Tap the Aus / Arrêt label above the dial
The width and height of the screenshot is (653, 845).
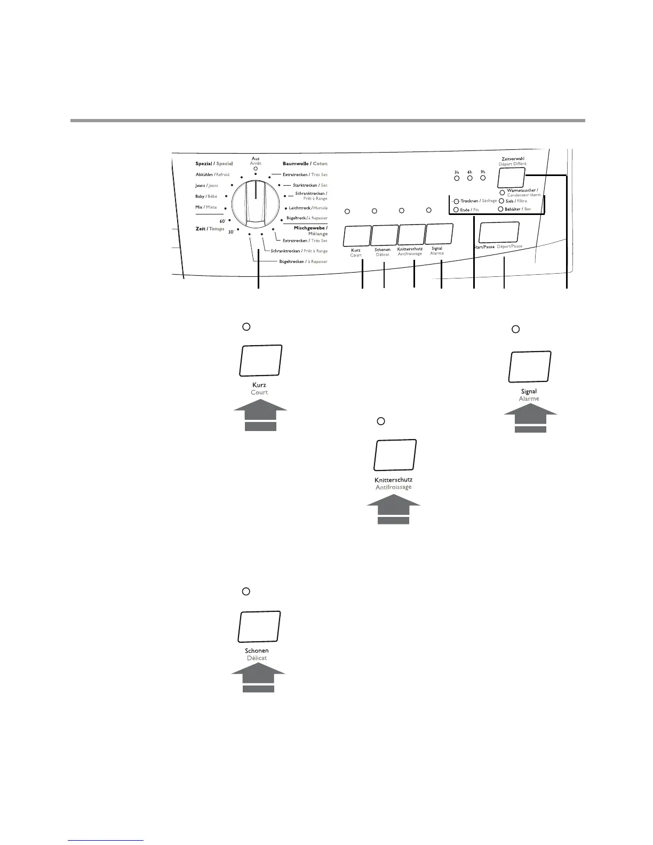click(256, 161)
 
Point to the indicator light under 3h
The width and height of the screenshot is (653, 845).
click(457, 178)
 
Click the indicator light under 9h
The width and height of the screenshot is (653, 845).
click(483, 178)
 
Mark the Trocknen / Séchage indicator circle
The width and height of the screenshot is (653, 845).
click(456, 202)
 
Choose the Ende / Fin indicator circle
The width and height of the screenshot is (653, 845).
click(456, 210)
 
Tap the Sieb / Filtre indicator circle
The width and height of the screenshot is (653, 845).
click(501, 201)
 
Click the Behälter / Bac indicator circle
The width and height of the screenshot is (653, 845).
click(500, 209)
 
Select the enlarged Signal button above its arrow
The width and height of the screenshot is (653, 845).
click(530, 366)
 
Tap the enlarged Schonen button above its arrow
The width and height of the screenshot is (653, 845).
click(259, 626)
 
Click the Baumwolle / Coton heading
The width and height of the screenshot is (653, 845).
click(305, 164)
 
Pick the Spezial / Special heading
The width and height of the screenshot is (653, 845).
click(214, 164)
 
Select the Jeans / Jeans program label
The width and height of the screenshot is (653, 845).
click(206, 186)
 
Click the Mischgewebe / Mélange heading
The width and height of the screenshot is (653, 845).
click(310, 231)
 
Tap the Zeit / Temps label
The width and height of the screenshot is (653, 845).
click(210, 229)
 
